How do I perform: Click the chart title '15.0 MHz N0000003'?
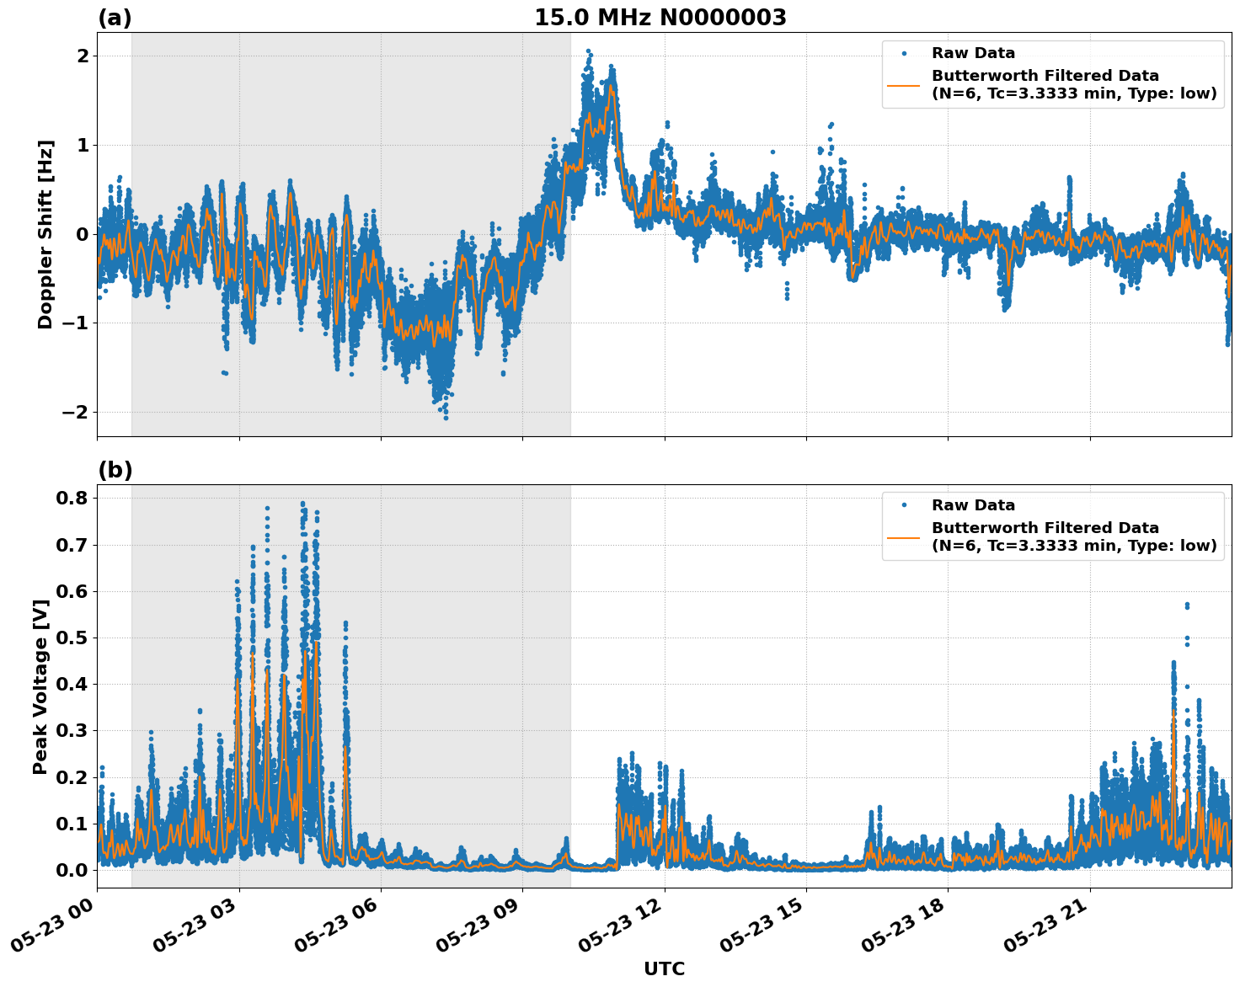click(x=660, y=18)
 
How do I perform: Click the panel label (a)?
click(x=115, y=18)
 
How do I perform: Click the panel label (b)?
click(x=115, y=470)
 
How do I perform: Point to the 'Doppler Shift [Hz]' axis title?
click(x=45, y=234)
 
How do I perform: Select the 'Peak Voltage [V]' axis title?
click(x=40, y=686)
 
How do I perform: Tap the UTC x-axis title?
click(x=664, y=968)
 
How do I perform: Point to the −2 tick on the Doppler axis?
click(x=74, y=412)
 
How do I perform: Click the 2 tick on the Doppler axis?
click(x=83, y=56)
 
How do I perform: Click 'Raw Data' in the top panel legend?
click(x=973, y=53)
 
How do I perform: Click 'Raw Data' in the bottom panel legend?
click(x=973, y=505)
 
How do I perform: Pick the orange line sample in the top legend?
click(x=904, y=84)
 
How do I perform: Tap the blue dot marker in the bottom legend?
click(x=904, y=505)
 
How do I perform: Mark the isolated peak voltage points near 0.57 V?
click(x=1187, y=605)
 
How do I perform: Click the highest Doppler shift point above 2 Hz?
click(x=588, y=51)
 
